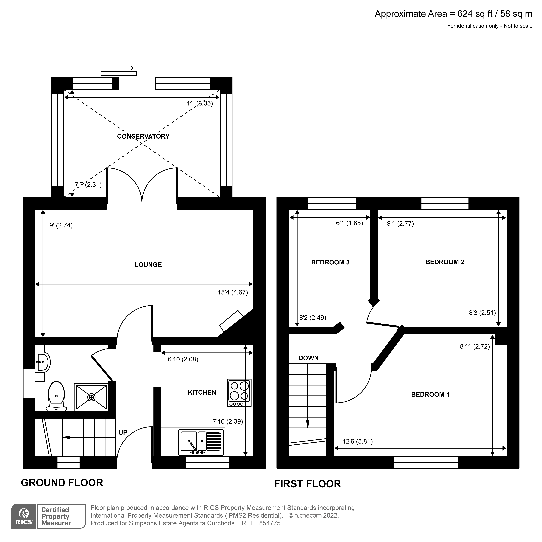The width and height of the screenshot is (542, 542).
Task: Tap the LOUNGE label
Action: (148, 265)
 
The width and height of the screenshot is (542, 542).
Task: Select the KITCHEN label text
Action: (202, 393)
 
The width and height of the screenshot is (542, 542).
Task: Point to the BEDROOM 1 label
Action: (430, 394)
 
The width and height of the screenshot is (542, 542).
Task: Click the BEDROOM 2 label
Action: (445, 262)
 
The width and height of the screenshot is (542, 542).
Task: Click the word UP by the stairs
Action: (123, 433)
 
